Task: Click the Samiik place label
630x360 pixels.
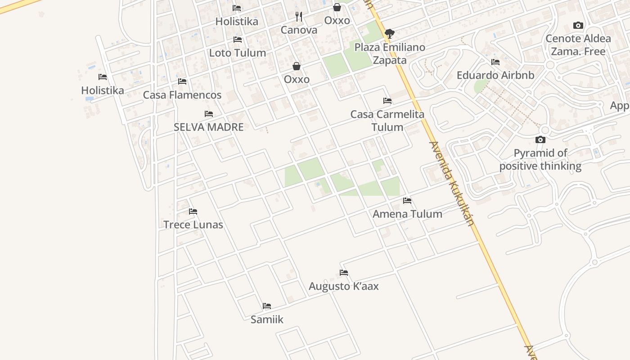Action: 267,319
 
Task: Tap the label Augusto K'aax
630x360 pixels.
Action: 344,286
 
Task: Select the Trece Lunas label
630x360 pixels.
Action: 193,225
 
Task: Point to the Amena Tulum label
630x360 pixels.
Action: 407,214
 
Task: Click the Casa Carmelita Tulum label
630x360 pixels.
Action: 387,121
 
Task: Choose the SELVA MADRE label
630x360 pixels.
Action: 209,127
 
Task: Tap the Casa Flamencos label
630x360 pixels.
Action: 182,95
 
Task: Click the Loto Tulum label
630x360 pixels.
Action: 238,53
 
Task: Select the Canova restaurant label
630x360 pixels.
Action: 299,30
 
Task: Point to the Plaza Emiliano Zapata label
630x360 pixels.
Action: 390,54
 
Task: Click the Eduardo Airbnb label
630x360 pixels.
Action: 495,75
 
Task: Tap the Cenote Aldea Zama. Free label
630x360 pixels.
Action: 578,45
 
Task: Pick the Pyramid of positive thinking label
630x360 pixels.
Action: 540,159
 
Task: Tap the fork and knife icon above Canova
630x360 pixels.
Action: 299,17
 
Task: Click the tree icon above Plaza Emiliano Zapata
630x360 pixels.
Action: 390,33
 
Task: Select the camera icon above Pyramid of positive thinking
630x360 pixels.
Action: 540,140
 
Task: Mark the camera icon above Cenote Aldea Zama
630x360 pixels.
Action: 578,26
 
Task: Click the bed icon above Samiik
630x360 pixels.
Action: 267,306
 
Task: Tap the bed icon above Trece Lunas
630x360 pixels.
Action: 193,211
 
